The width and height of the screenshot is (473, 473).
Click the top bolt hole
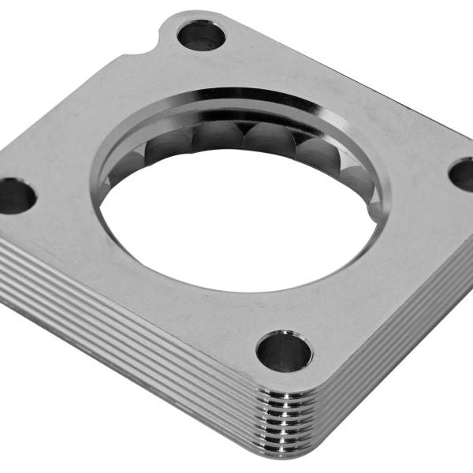[x=201, y=35]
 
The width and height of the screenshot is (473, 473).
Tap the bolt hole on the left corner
[x=16, y=195]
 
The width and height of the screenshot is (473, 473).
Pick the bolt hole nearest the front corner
[x=284, y=352]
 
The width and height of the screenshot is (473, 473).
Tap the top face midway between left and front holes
[x=150, y=276]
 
